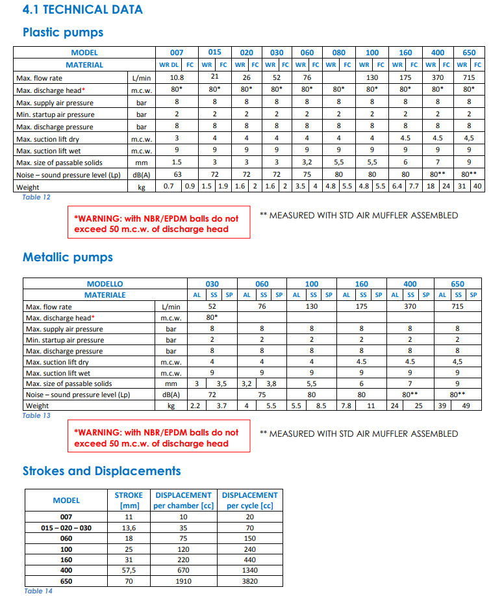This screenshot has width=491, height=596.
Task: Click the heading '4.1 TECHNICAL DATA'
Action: click(x=82, y=10)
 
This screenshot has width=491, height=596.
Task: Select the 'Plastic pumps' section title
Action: click(x=63, y=32)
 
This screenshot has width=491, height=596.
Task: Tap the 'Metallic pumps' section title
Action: click(x=68, y=257)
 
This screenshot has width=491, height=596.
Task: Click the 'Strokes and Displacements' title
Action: click(x=102, y=471)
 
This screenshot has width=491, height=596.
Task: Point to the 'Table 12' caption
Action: click(x=36, y=197)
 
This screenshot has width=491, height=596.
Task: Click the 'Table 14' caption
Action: click(x=38, y=591)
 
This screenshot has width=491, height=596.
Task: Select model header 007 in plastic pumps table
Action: click(x=177, y=53)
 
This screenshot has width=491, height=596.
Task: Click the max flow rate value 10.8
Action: click(x=177, y=77)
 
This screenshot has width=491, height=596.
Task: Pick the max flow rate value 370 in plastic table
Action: click(x=438, y=77)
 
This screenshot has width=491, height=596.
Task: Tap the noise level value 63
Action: click(x=177, y=175)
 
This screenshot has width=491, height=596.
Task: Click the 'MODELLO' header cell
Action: click(x=105, y=284)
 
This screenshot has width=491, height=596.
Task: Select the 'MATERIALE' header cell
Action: click(x=105, y=295)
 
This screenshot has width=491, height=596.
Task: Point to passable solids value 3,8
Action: click(x=271, y=383)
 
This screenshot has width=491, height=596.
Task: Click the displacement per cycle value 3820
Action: click(x=249, y=581)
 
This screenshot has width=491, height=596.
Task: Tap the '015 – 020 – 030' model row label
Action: click(x=66, y=528)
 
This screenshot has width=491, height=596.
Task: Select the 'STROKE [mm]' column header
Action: click(x=129, y=500)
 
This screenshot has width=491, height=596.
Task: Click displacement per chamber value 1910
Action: click(x=183, y=581)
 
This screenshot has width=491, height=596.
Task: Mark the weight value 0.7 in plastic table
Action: click(x=168, y=187)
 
